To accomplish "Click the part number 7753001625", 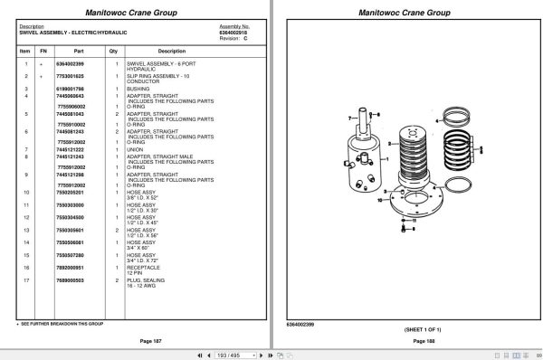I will tap(71, 76).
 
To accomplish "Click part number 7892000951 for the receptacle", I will tap(71, 268).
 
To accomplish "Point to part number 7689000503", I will tap(71, 280).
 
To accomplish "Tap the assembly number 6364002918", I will tap(234, 32).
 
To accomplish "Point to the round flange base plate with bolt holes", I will tap(412, 213).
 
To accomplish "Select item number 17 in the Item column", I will tap(25, 280).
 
